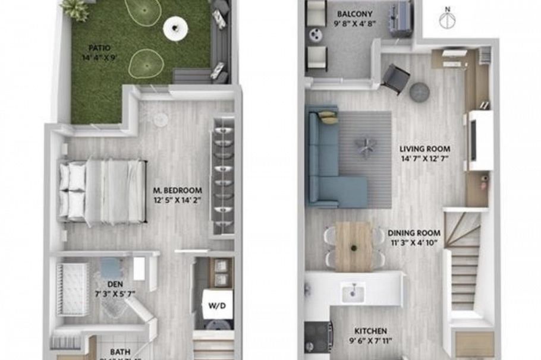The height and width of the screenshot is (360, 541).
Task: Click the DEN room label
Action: pyautogui.click(x=115, y=284)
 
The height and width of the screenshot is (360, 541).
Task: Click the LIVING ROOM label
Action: pyautogui.click(x=425, y=149)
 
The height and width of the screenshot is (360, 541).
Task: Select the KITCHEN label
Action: pyautogui.click(x=370, y=331)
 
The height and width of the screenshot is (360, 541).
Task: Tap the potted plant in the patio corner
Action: pyautogui.click(x=75, y=9)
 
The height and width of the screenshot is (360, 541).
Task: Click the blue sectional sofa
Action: pyautogui.click(x=327, y=160)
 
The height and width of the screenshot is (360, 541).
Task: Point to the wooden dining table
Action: pyautogui.click(x=353, y=245)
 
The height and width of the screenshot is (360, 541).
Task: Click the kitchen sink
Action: pyautogui.click(x=353, y=290)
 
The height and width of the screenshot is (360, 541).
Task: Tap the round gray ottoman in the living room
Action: pyautogui.click(x=420, y=92)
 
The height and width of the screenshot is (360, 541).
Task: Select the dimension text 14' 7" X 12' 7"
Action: pyautogui.click(x=424, y=159)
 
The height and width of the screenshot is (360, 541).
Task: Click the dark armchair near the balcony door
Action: pyautogui.click(x=395, y=78)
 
